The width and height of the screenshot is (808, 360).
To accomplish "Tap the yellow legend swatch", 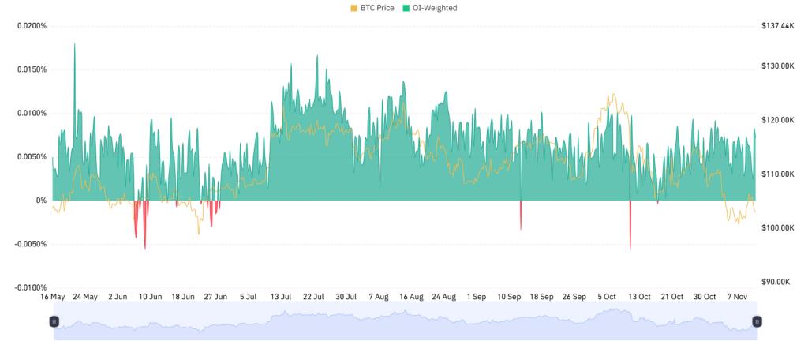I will tap(354, 8).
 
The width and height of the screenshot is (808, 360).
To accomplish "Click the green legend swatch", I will tap(406, 8).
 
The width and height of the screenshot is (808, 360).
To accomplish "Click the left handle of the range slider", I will tap(54, 321).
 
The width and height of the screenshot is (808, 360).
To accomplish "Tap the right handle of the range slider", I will tap(757, 321).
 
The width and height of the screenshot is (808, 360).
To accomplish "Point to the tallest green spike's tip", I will tap(75, 43).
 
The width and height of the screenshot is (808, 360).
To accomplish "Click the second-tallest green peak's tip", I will tap(317, 55).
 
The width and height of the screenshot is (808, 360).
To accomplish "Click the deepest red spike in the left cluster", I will tap(145, 249).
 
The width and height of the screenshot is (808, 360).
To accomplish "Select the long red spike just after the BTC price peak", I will tap(630, 249).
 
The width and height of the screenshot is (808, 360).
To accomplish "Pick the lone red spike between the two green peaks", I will tap(521, 230).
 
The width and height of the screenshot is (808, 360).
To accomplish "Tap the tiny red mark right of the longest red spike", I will tap(657, 204).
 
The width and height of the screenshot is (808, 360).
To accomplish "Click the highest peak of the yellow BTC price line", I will tap(612, 94).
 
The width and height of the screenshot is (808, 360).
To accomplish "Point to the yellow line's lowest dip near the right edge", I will tap(739, 224).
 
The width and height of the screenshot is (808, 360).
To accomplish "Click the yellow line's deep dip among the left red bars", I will tap(199, 234).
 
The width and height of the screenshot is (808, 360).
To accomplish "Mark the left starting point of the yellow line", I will tap(52, 208).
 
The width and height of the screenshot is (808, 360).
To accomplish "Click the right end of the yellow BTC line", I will tap(756, 212).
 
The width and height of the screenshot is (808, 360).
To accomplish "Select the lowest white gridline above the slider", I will tap(404, 288).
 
